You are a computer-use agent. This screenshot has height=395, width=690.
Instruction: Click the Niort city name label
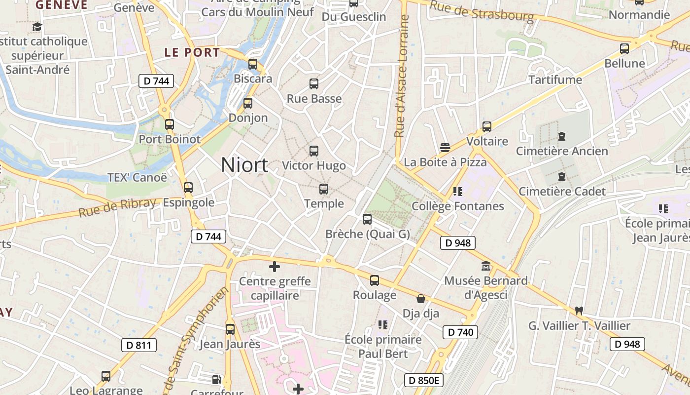tap(244, 165)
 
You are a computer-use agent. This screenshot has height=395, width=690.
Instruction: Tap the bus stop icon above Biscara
tap(253, 64)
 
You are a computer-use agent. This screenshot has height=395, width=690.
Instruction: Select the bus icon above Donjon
tap(248, 103)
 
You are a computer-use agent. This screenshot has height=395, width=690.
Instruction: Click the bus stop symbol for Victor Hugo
tap(314, 151)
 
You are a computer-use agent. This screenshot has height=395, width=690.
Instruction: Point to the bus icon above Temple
tap(324, 189)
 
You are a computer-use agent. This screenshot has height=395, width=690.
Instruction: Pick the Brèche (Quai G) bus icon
tap(367, 219)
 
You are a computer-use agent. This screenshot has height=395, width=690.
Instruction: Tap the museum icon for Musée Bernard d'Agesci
tap(486, 266)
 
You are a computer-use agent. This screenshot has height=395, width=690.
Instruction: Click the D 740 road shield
tap(461, 332)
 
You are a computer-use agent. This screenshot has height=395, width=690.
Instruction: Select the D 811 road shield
tap(139, 345)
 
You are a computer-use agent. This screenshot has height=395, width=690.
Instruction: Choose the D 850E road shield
tap(424, 380)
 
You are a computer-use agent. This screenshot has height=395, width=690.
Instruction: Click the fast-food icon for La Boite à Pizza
tap(445, 147)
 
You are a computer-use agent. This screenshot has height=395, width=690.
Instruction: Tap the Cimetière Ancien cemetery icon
tap(562, 136)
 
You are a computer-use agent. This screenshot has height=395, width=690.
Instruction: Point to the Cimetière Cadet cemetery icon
tap(562, 176)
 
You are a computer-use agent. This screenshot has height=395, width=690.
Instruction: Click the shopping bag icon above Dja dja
tap(421, 299)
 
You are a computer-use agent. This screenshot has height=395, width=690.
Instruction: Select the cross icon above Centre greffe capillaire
tap(275, 267)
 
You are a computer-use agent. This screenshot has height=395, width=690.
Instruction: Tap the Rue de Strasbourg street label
tap(482, 11)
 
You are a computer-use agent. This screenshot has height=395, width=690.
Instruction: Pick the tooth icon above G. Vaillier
tap(579, 311)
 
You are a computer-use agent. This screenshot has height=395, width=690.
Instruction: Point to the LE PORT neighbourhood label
tap(192, 52)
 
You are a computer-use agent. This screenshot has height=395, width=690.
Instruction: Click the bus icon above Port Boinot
tap(170, 124)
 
